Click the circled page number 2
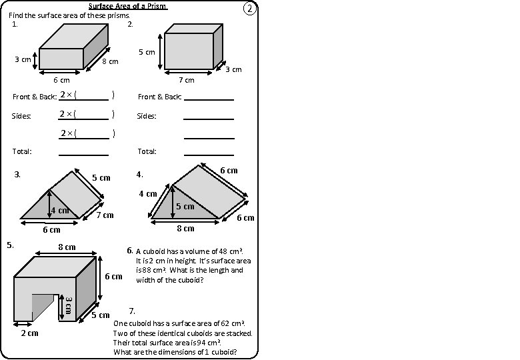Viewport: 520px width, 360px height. click(249, 9)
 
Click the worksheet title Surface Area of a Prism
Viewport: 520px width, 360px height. click(127, 7)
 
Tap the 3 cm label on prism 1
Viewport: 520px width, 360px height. click(23, 60)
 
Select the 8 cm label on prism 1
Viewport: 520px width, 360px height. click(110, 62)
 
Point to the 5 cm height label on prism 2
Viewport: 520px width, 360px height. click(146, 52)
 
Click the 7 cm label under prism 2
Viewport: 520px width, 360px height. click(186, 80)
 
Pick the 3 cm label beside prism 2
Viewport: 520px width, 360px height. click(233, 69)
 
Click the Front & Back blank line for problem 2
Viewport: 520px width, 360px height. click(209, 97)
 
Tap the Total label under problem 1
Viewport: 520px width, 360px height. click(22, 152)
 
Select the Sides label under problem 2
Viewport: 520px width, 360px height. click(147, 116)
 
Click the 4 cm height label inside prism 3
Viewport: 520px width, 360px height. click(59, 211)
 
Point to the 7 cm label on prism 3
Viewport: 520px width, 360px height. click(105, 215)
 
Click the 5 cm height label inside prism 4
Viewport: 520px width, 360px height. click(185, 207)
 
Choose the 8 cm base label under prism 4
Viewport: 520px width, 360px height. click(185, 229)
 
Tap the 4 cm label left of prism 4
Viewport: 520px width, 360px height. click(147, 194)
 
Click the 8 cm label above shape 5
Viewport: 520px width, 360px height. click(67, 247)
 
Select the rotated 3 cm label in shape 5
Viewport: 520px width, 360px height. click(68, 307)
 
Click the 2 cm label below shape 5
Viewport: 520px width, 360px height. click(29, 333)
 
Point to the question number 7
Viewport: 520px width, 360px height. click(132, 311)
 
